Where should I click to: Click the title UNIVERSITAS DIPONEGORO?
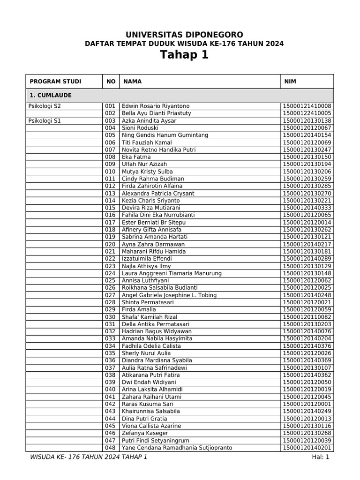184,35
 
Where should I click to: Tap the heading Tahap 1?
184,55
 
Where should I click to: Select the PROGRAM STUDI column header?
55,82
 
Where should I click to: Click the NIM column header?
290,82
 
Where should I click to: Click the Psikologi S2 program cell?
45,106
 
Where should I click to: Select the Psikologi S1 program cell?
45,120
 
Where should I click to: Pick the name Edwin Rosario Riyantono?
156,106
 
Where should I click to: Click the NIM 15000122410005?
307,113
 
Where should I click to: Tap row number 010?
110,172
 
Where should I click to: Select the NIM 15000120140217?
307,244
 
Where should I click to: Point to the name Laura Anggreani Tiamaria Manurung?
172,273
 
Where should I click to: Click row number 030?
110,317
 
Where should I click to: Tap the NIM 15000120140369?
307,360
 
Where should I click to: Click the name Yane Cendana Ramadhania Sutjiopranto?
177,448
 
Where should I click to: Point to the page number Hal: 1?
322,457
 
